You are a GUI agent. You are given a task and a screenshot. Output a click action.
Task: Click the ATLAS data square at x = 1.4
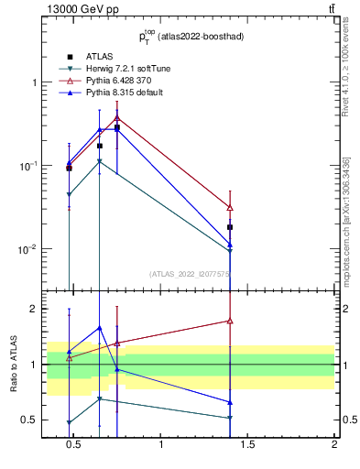[230, 227]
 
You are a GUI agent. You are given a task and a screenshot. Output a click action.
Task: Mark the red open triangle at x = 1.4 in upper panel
[230, 208]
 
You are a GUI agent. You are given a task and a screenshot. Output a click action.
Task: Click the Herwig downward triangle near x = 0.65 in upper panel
[99, 161]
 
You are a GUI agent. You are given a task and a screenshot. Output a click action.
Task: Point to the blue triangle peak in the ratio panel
[99, 328]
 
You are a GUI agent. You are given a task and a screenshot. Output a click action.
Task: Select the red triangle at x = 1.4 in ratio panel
[230, 321]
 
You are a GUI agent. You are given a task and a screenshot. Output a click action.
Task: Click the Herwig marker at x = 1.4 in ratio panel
[230, 418]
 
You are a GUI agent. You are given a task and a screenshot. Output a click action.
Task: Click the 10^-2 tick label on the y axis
[26, 249]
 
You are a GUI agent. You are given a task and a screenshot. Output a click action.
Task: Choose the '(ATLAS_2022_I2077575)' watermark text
[190, 273]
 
